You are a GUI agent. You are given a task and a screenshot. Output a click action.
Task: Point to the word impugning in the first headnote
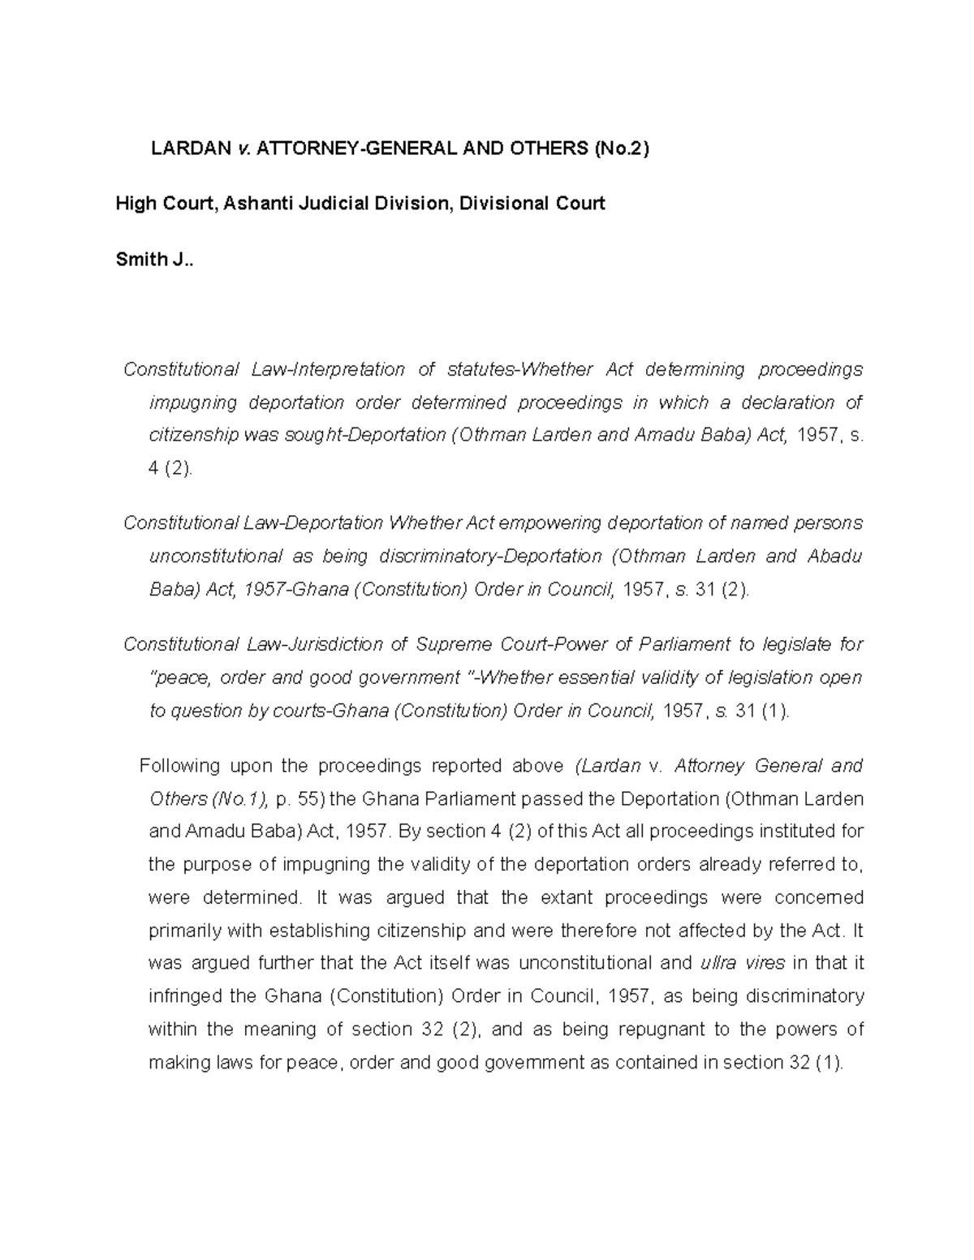pos(193,403)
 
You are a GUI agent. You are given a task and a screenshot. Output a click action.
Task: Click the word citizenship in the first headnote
pos(194,436)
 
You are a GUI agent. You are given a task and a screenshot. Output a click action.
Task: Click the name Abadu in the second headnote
pos(835,557)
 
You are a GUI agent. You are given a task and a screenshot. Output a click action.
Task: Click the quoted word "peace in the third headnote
pos(178,677)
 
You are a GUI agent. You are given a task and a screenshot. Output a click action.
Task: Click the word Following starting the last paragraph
pos(179,766)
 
